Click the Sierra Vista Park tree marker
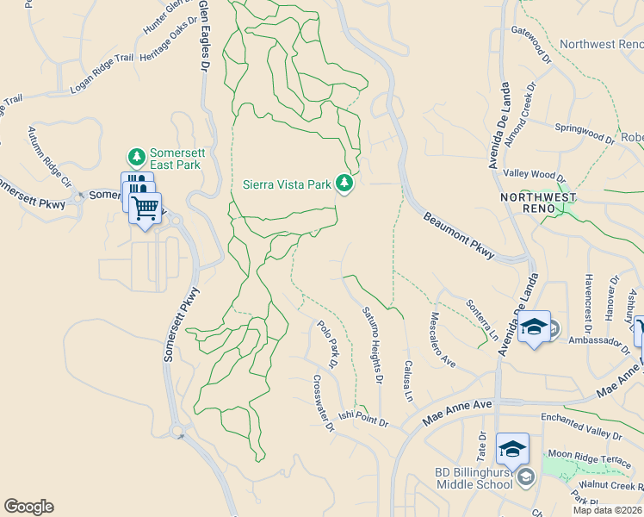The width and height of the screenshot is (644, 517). tap(344, 184)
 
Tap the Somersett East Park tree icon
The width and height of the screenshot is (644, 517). tap(136, 157)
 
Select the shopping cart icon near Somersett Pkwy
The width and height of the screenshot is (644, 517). tap(145, 207)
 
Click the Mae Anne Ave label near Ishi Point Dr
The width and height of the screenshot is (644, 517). tap(456, 413)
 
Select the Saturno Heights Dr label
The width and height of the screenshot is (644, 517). tap(372, 345)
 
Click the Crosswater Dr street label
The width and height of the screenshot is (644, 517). tap(322, 403)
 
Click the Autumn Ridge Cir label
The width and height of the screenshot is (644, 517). tap(48, 157)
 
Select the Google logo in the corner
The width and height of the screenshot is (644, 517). tap(28, 507)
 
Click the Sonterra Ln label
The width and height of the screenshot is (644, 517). tap(482, 317)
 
